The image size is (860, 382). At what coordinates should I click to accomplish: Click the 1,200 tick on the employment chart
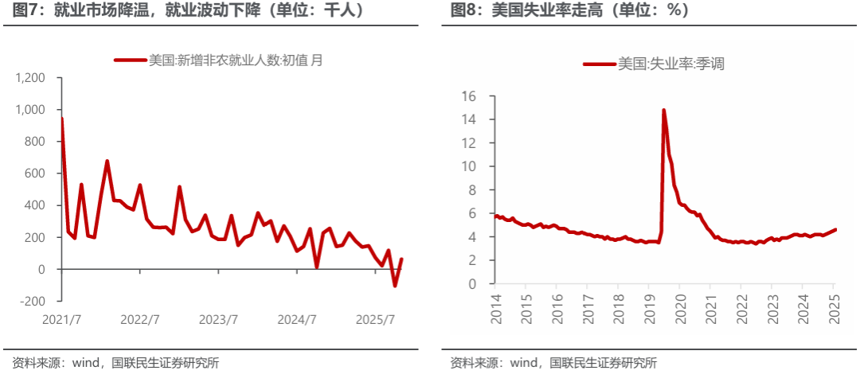click(x=30, y=78)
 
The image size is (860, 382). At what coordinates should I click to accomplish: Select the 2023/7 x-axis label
click(x=219, y=320)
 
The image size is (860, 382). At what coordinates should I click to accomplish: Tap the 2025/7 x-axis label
click(x=376, y=320)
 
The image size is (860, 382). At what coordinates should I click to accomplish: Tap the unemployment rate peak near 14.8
click(x=663, y=111)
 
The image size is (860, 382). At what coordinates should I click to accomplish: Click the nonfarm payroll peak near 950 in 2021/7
click(x=62, y=119)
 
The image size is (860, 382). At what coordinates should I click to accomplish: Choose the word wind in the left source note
click(x=84, y=364)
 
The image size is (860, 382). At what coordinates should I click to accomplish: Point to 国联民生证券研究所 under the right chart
click(x=606, y=364)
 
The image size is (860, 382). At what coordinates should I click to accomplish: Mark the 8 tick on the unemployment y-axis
click(x=471, y=190)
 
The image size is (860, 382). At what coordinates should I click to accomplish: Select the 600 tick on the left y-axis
click(x=35, y=173)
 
